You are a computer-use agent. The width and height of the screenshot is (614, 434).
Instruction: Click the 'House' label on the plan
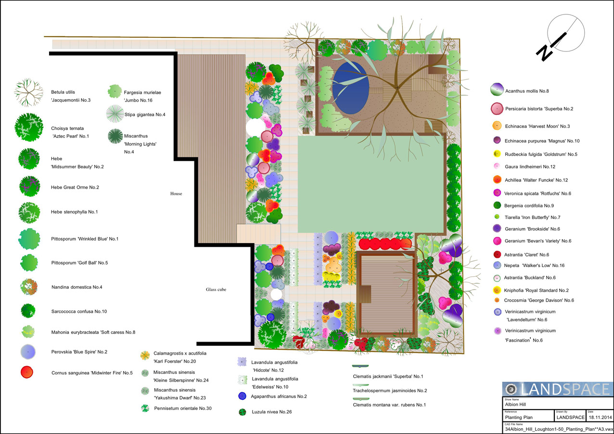coord(176,193)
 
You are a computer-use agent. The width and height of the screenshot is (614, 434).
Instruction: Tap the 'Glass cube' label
coord(216,290)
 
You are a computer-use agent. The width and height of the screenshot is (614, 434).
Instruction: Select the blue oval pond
coord(351,88)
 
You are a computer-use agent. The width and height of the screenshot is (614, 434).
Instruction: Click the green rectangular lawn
coord(371,184)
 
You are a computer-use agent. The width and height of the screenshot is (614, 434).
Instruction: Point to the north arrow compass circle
coord(566,33)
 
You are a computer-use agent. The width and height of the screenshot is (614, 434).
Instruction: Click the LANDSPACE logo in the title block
coord(558,389)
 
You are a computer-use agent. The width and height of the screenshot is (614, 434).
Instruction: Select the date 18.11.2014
coord(601,417)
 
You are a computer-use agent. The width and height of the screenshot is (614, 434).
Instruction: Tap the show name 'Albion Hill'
coord(515,404)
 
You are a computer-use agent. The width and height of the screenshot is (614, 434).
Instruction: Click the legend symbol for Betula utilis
coord(28,92)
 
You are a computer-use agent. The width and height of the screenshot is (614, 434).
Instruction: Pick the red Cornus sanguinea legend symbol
coord(27,372)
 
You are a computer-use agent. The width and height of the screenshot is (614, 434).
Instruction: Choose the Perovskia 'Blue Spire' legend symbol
coord(28,352)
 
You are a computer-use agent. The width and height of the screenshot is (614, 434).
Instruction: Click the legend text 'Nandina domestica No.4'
coord(77,287)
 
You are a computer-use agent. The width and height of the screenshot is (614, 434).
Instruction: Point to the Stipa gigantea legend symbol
coord(115,114)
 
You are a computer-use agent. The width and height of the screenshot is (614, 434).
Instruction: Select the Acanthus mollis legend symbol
coord(497,89)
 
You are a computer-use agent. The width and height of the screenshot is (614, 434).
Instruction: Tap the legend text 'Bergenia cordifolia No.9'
coord(529,205)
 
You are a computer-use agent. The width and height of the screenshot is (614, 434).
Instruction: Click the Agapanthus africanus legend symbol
coord(243,396)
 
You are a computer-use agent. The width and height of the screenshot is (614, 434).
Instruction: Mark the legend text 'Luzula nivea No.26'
coord(272,412)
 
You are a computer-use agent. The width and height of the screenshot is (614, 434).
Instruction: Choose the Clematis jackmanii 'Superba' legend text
coord(388,376)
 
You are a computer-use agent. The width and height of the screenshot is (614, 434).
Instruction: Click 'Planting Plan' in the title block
coord(519,417)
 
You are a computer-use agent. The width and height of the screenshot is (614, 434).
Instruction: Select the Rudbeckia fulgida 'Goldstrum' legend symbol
coord(497,154)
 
